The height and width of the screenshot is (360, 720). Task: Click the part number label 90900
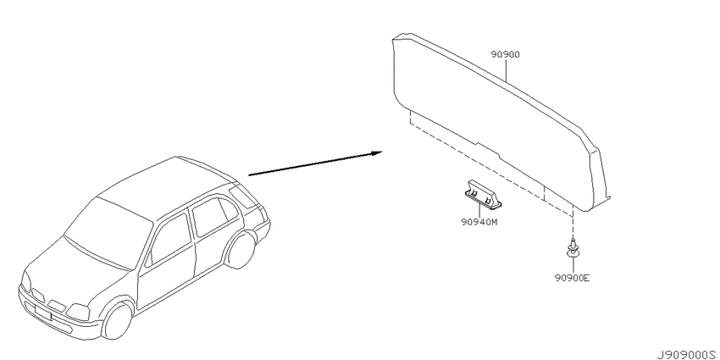pyautogui.click(x=505, y=55)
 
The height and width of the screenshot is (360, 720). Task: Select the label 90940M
pyautogui.click(x=479, y=222)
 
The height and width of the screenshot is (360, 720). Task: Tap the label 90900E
pyautogui.click(x=572, y=278)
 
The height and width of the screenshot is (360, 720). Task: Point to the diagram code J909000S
pyautogui.click(x=688, y=355)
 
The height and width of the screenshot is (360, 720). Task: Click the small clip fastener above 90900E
pyautogui.click(x=572, y=248)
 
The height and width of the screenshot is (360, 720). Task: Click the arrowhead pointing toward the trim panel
pyautogui.click(x=377, y=153)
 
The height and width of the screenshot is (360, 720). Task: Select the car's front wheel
pyautogui.click(x=118, y=319)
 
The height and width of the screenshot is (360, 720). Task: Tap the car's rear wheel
pyautogui.click(x=241, y=250)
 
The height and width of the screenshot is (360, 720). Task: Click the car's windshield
pyautogui.click(x=108, y=233)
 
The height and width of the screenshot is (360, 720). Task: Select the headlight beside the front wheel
pyautogui.click(x=78, y=312)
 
